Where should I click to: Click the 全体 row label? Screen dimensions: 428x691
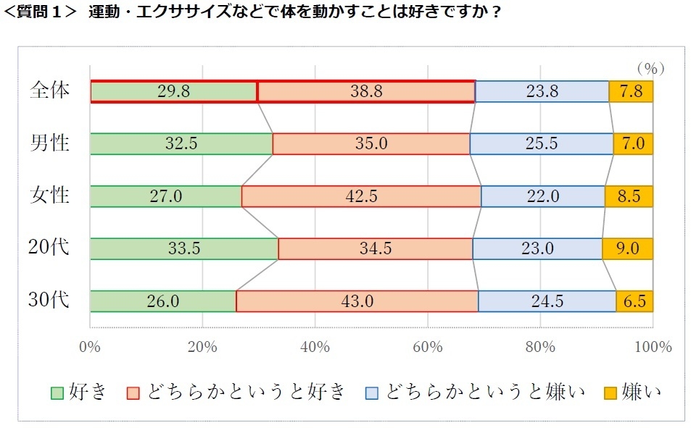[x=50, y=91]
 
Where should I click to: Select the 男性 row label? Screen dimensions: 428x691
[x=50, y=143]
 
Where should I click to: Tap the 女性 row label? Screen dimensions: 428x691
[x=50, y=196]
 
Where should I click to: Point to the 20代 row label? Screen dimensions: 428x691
[x=50, y=248]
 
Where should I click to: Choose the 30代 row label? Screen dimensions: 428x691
[x=50, y=300]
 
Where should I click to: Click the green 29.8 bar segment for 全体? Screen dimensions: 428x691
[x=173, y=92]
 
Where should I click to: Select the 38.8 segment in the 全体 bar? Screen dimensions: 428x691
[x=365, y=92]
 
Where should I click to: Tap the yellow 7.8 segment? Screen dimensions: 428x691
[x=631, y=92]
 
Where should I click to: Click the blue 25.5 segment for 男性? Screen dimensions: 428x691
[x=541, y=144]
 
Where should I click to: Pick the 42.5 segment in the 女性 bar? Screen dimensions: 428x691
[x=360, y=196]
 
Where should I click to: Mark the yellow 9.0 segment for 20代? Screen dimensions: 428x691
[x=627, y=248]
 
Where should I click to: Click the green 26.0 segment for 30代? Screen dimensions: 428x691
[x=162, y=301]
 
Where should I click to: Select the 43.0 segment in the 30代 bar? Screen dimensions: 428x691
[x=357, y=301]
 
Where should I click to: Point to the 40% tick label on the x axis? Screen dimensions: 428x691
[x=315, y=346]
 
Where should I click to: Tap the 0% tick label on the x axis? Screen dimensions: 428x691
[x=90, y=346]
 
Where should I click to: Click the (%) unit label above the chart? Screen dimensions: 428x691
[x=650, y=68]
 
